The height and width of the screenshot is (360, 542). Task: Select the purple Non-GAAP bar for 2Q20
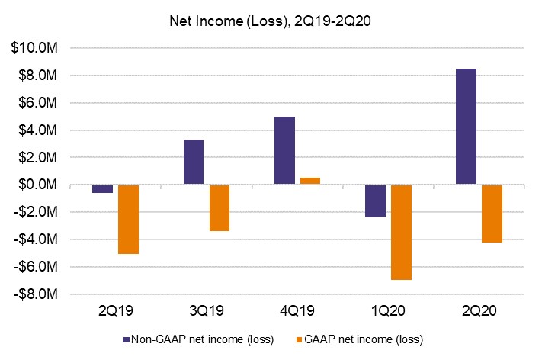[x=466, y=127]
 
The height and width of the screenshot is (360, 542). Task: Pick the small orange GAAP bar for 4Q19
[x=310, y=181]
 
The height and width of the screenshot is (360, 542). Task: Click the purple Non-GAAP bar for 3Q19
[x=194, y=162]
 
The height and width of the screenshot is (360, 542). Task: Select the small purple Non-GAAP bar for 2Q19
[x=103, y=188]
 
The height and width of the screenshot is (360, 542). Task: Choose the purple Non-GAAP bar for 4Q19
[x=284, y=150]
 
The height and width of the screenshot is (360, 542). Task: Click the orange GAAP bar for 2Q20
[x=492, y=214]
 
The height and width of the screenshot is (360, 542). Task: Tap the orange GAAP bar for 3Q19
[x=220, y=207]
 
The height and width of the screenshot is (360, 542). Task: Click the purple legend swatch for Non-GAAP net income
[x=127, y=338]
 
